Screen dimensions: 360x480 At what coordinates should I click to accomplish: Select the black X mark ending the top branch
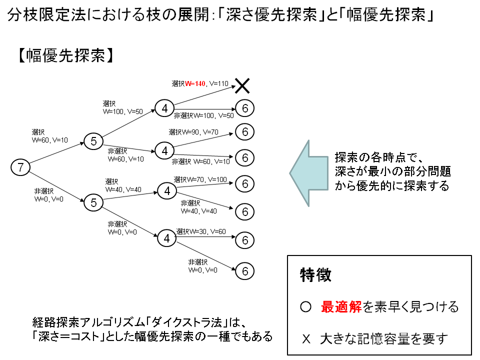(242, 86)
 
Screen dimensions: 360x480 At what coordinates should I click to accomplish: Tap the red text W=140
(195, 83)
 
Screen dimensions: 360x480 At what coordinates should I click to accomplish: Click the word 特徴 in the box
(315, 275)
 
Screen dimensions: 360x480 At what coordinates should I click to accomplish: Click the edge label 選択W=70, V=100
(200, 179)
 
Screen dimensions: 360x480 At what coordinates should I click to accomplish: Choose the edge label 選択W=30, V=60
(201, 232)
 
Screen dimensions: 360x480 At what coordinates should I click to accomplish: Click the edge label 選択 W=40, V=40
(123, 185)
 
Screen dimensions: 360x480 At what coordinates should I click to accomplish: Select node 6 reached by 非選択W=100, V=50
(245, 108)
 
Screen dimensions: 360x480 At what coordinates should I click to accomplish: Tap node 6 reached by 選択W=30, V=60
(245, 240)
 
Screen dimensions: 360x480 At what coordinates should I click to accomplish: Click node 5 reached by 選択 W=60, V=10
(93, 141)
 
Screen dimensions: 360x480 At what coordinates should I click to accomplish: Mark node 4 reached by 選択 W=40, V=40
(167, 190)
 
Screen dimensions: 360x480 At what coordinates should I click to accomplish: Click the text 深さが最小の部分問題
(393, 172)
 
